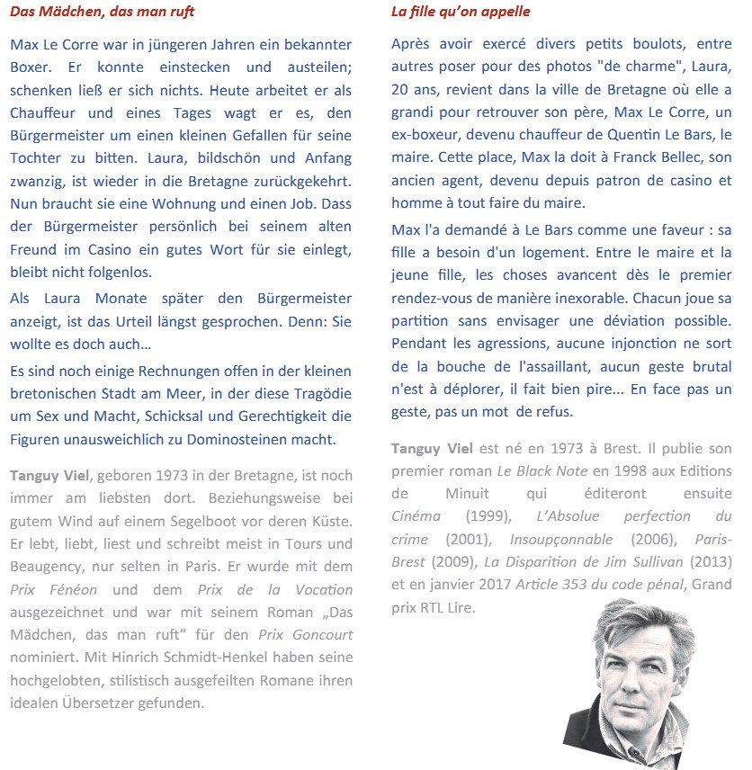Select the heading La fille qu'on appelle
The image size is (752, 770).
click(x=461, y=12)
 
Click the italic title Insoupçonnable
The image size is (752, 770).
click(x=561, y=539)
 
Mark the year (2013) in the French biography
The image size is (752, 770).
click(x=710, y=561)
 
